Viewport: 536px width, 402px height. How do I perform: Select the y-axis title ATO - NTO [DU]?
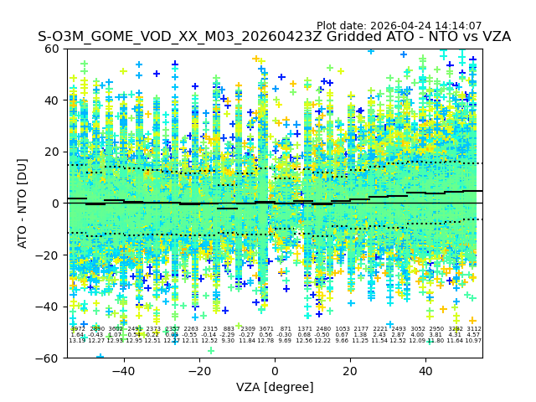[23, 203]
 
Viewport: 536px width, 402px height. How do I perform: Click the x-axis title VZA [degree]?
[275, 387]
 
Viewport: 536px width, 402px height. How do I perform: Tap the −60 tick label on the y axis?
[49, 358]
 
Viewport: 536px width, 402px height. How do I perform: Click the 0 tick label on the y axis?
[56, 204]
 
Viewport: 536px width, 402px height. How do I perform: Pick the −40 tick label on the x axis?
[123, 371]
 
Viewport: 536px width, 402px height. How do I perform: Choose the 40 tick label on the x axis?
[425, 371]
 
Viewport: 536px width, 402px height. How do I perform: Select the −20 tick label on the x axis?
[198, 371]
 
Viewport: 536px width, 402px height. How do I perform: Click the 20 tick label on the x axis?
[350, 371]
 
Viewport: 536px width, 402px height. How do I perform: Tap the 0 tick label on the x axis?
[275, 371]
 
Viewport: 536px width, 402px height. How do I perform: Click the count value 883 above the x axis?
[229, 329]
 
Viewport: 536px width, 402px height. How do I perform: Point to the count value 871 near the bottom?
[285, 329]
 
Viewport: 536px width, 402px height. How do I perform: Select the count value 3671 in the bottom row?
[266, 329]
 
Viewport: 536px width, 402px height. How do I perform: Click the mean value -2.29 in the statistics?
[228, 335]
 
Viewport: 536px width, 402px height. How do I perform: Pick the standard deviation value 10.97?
[473, 341]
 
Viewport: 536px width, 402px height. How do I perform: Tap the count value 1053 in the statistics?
[343, 329]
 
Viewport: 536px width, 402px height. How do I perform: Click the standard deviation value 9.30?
[228, 341]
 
